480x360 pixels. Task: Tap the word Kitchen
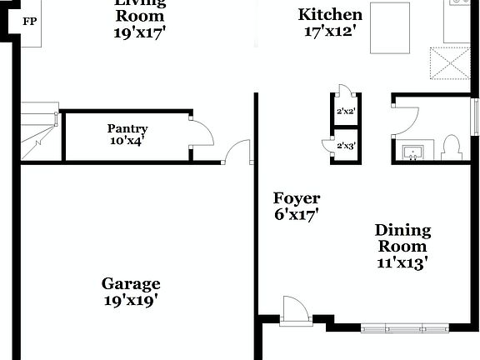coord(330,14)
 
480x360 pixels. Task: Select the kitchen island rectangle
coord(391,27)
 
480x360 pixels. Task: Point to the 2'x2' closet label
coord(346,111)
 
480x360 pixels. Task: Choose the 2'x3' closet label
coord(346,146)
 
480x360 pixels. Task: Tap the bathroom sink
coord(412,152)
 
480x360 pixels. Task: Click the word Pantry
coord(127,128)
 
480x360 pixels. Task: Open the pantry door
coord(202,132)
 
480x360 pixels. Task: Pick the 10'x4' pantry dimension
coord(127,141)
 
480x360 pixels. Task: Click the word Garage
coord(131,283)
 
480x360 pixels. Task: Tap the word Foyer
coord(297,198)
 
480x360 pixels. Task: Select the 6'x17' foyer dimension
coord(297,213)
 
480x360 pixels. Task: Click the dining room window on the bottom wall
coord(405,327)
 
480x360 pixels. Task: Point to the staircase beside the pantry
coord(37,132)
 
